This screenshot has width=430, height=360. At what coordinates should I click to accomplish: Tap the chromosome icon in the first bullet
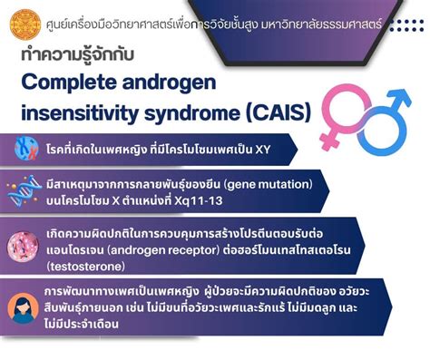(26, 148)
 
